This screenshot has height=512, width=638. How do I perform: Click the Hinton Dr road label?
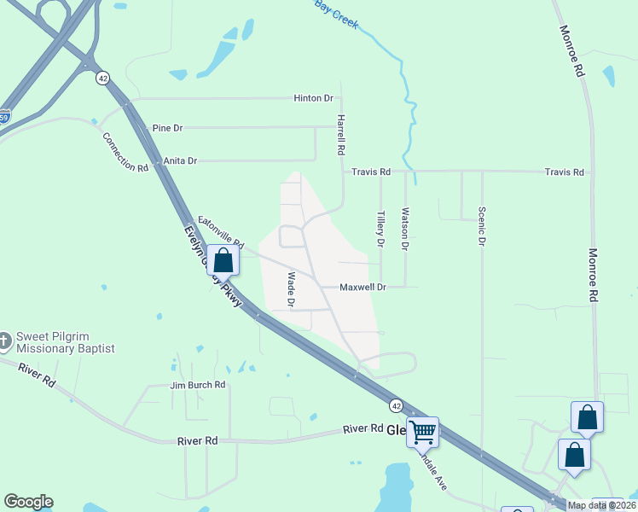coord(313,98)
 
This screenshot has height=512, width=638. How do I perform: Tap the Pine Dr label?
coord(167,128)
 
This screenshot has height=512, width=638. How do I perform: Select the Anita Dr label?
coord(180,160)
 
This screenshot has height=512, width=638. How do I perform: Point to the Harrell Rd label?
coord(340,134)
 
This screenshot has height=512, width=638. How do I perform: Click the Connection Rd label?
coord(125,153)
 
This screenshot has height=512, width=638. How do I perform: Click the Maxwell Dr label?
coord(363,288)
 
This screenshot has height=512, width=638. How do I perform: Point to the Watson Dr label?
coord(405,230)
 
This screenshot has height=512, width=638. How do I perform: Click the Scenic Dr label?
coord(482,226)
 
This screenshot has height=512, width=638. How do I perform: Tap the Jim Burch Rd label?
coord(197,386)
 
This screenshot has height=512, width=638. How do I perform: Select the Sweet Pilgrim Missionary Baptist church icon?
coord(7,341)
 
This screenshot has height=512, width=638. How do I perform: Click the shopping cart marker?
coord(423,432)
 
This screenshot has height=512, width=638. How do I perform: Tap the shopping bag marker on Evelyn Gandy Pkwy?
coord(223,260)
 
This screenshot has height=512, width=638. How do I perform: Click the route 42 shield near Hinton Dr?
coord(103,78)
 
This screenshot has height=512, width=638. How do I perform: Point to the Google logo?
coord(28,502)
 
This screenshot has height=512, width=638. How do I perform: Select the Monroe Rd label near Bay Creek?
coord(571,52)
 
